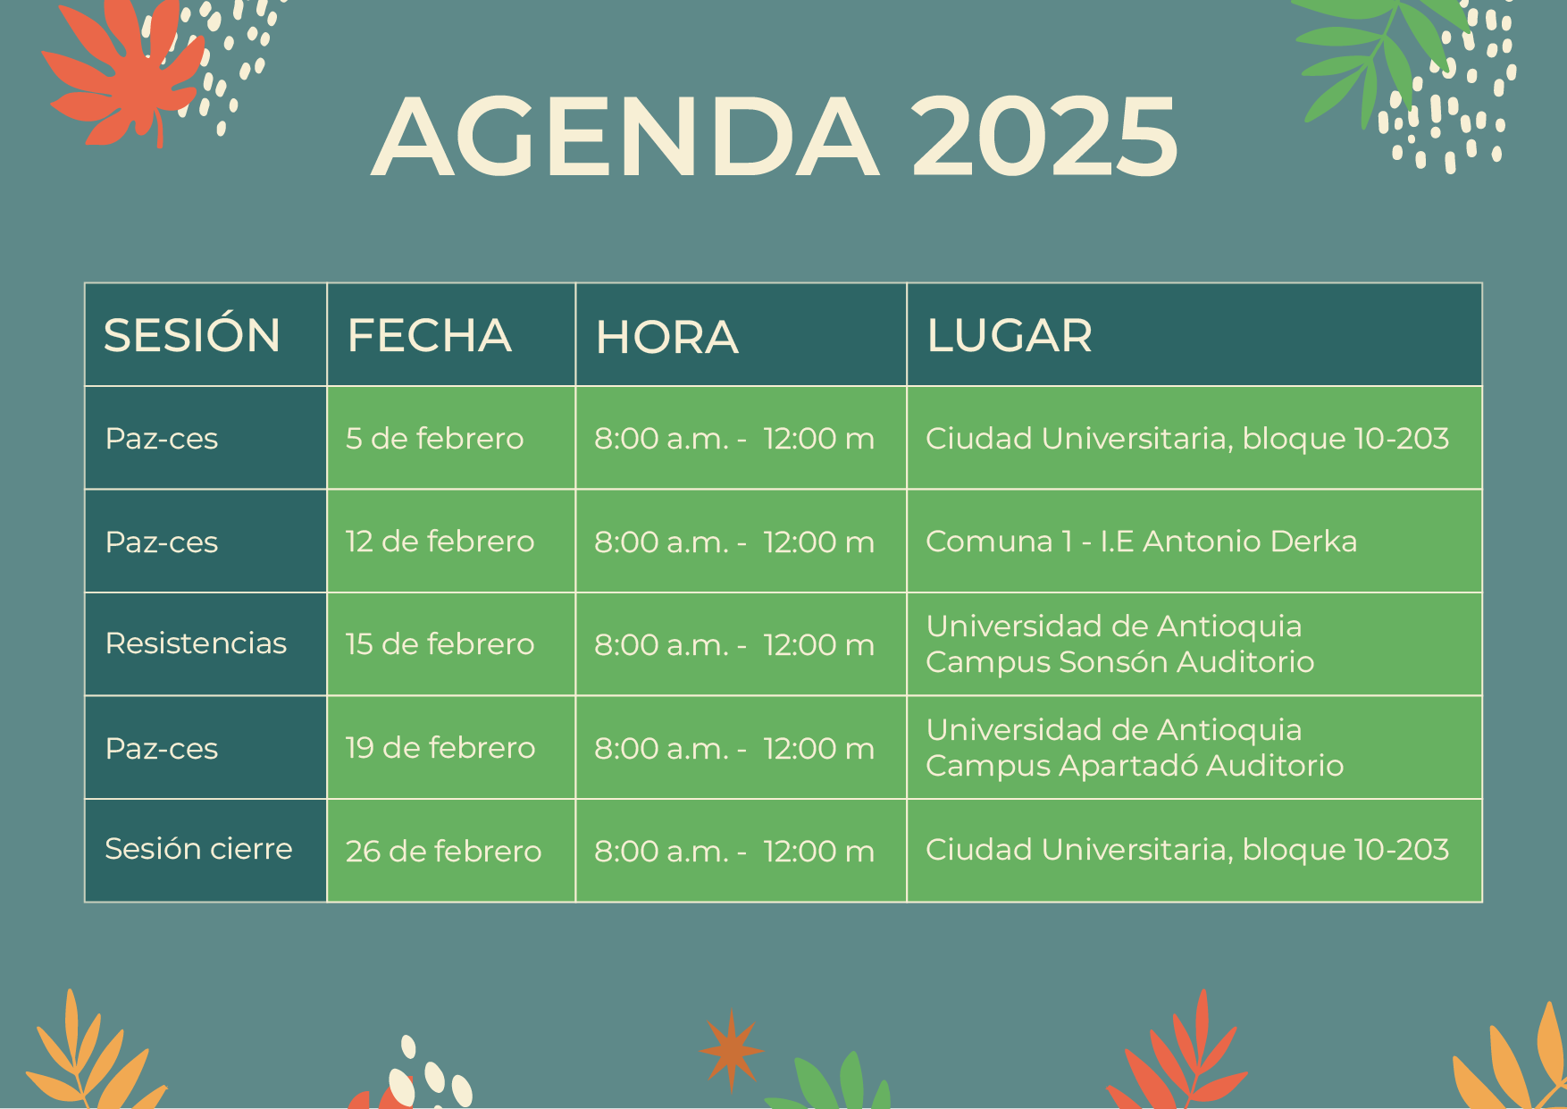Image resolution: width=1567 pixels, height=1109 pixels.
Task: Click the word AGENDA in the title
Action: [x=625, y=137]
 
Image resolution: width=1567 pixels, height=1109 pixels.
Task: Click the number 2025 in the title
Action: [x=1044, y=137]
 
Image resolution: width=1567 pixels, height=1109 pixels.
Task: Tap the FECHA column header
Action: [x=429, y=336]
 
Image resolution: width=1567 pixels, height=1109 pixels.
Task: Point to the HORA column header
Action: [x=666, y=337]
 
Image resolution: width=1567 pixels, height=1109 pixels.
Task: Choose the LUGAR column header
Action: [x=1010, y=336]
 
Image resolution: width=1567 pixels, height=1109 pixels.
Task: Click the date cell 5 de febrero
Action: [x=434, y=438]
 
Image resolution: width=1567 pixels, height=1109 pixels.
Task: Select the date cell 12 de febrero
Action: [x=440, y=542]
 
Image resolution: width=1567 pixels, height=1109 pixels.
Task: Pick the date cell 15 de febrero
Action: [x=440, y=644]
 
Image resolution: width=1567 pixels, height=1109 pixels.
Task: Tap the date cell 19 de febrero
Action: [x=440, y=748]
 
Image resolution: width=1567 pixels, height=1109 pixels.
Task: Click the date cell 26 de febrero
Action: [x=443, y=851]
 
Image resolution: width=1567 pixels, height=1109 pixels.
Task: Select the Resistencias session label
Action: [x=196, y=643]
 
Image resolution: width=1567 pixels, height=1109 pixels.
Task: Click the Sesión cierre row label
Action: [x=198, y=848]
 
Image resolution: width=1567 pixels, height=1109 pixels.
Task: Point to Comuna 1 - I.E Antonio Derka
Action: [x=1141, y=541]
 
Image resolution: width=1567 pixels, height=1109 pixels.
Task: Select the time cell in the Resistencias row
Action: [x=734, y=644]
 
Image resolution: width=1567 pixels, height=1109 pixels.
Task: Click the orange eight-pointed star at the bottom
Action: [x=732, y=1051]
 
